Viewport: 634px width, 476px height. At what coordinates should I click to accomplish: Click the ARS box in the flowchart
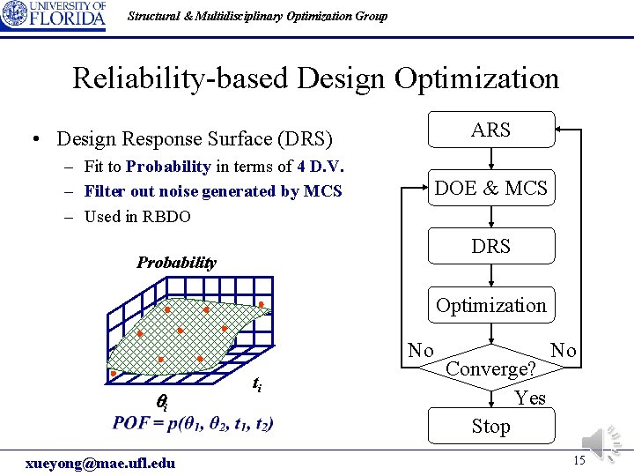point(490,130)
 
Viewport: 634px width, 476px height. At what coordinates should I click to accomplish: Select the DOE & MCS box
point(490,188)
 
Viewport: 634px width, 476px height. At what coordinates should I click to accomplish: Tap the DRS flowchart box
point(490,247)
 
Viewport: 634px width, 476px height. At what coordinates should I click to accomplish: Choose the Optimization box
point(490,305)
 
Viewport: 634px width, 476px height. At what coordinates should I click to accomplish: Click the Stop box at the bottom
point(490,427)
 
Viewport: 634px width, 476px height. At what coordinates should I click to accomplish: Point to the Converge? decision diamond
point(490,368)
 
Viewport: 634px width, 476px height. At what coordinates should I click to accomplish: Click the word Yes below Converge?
point(530,398)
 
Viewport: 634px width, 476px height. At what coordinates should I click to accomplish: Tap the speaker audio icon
point(602,441)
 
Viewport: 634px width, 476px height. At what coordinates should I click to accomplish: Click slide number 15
point(579,462)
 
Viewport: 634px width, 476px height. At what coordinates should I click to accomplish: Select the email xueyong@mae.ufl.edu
point(100,463)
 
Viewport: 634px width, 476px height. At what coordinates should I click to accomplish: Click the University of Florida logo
point(54,16)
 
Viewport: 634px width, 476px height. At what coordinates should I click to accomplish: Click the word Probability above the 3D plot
point(176,262)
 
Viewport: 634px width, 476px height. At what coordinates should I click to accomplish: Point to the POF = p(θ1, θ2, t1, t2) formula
point(193,424)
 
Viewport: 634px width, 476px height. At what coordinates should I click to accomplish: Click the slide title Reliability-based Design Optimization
point(315,78)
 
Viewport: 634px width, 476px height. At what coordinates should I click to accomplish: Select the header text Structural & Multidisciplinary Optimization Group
point(257,16)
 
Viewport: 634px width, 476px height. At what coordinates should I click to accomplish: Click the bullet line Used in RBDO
point(136,216)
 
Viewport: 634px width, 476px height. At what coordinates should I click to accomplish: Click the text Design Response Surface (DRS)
point(195,138)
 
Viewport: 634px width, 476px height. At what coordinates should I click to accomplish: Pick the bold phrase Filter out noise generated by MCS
point(213,191)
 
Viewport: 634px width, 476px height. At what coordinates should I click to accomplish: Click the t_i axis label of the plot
point(256,384)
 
